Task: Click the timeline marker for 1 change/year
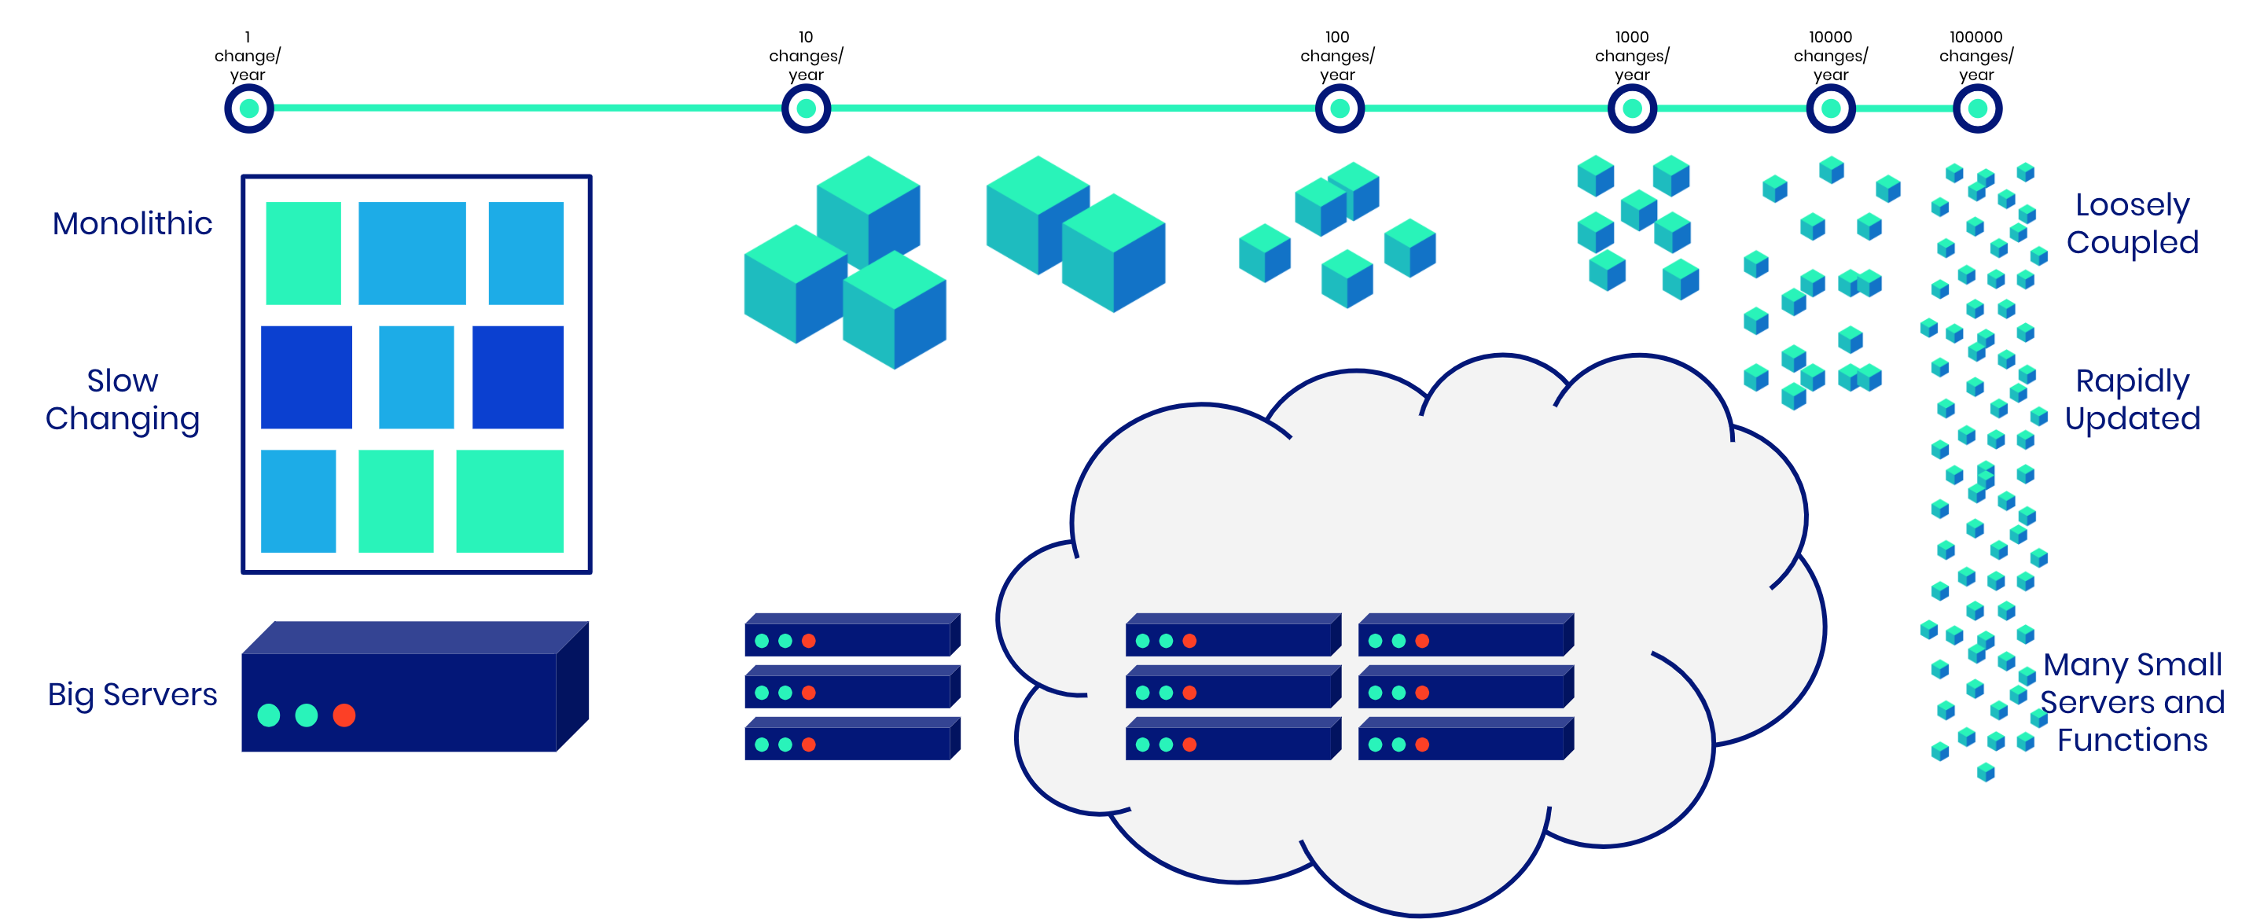click(248, 109)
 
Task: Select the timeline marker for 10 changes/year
click(806, 109)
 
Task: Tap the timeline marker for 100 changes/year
click(1339, 109)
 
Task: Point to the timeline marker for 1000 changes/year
click(1632, 109)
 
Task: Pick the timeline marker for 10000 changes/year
click(1831, 109)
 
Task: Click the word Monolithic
click(132, 223)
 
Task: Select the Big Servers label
click(132, 694)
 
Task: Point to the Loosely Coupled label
click(2132, 223)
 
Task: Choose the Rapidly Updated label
click(2132, 399)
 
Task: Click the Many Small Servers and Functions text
click(2132, 701)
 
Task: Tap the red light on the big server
click(344, 715)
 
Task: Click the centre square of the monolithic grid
click(416, 377)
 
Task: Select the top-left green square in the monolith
click(303, 253)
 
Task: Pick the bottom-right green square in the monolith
click(509, 501)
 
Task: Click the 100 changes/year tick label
click(1336, 55)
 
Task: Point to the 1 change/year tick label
click(247, 55)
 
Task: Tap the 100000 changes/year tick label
click(1975, 55)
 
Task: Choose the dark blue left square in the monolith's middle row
click(306, 377)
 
